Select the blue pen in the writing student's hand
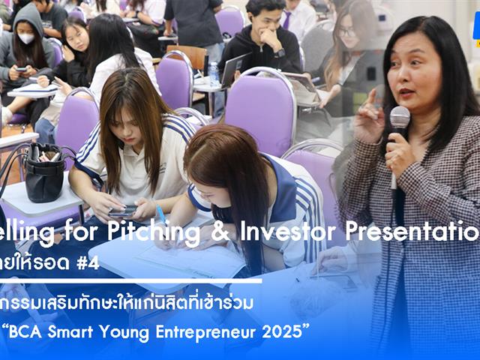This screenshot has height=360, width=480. (x=160, y=215)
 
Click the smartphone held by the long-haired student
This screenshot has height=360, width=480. (x=123, y=211)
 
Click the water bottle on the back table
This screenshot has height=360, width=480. (x=214, y=73)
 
